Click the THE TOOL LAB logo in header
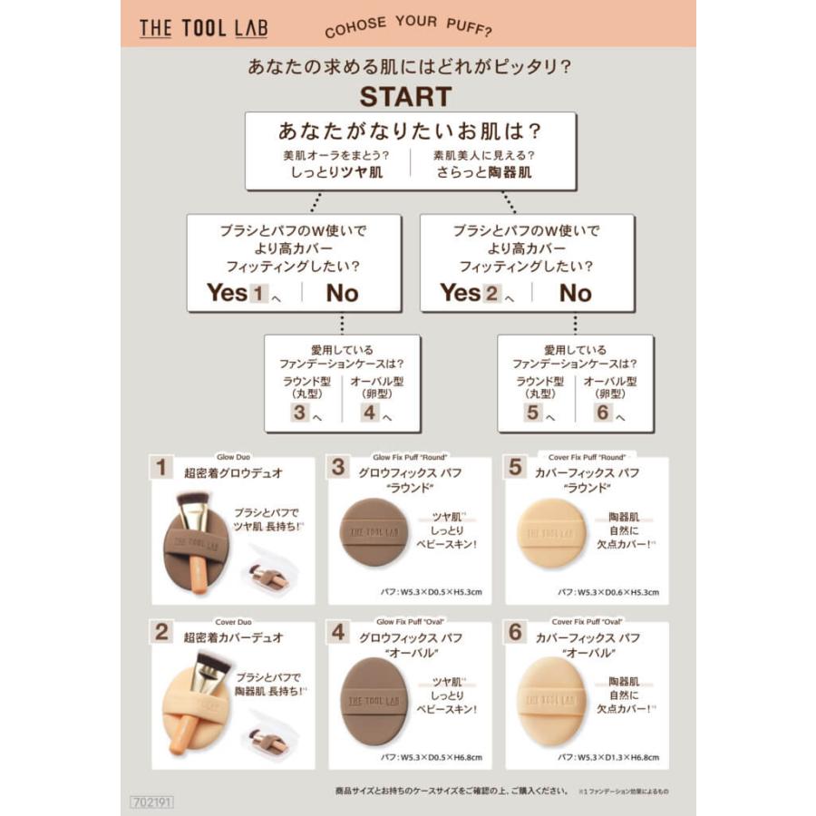(x=203, y=28)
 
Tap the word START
(x=405, y=96)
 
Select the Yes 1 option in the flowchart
(x=236, y=293)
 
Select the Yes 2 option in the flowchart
(x=470, y=293)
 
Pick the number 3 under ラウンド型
(x=299, y=413)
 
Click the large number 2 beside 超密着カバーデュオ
(x=161, y=632)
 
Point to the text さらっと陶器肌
(x=481, y=171)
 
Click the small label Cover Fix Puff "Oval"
(x=587, y=622)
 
